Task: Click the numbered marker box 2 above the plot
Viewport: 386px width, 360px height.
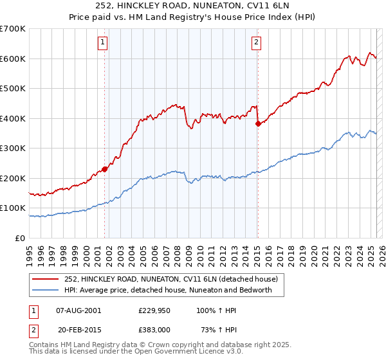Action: click(257, 43)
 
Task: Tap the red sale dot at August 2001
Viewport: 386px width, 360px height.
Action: click(104, 169)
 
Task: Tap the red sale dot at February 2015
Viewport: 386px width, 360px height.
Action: click(257, 123)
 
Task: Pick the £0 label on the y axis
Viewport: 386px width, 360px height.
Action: click(20, 238)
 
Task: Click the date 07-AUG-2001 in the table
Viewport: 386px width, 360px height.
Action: click(79, 310)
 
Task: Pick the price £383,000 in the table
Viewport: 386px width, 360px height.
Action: click(154, 329)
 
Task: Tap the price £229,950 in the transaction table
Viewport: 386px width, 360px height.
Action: click(154, 310)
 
